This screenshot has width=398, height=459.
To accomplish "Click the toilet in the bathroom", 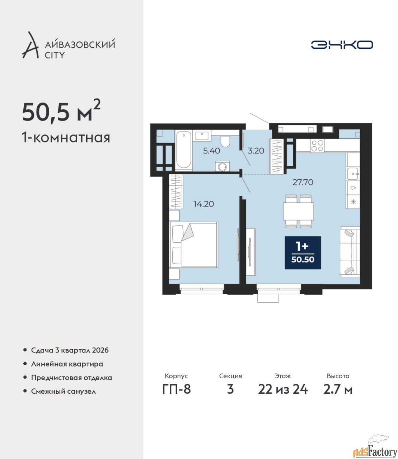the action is (225, 141).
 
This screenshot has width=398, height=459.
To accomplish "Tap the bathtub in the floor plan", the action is (183, 150).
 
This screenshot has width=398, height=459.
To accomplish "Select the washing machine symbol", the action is (222, 166).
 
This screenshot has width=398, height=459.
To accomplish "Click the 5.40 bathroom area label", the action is (211, 151).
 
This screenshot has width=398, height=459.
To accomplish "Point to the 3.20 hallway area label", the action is (256, 151).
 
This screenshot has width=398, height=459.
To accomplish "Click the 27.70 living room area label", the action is (303, 182).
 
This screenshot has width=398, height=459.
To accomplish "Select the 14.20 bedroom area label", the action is (203, 204).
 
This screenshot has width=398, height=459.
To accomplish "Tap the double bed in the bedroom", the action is (193, 244).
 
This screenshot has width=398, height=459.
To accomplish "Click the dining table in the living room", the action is (298, 211).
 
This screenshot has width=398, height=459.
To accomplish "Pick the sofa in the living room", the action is (350, 252).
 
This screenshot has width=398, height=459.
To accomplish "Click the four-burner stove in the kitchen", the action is (317, 146).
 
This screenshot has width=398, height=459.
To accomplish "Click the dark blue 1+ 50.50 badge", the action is (303, 253).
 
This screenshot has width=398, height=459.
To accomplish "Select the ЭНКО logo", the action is (342, 45).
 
